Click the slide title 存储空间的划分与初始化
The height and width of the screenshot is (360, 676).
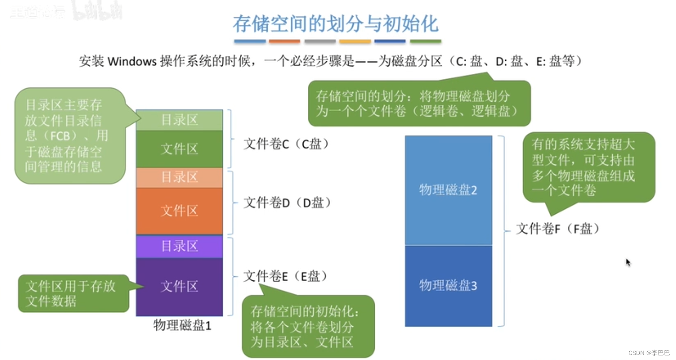point(335,24)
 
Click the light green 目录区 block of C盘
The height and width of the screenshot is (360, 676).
point(180,120)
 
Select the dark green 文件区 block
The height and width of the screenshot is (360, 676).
point(180,149)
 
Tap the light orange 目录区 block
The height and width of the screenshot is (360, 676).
point(180,177)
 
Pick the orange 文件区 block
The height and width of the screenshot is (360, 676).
point(180,211)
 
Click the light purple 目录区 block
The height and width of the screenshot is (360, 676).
point(180,246)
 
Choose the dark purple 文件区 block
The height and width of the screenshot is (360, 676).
point(180,286)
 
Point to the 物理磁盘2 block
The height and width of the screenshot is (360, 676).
point(448,190)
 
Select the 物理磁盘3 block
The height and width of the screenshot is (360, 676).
point(448,285)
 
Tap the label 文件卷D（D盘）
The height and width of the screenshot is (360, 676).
point(287,203)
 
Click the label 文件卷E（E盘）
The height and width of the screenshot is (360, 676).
point(285,276)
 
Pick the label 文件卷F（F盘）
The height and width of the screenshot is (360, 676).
point(558,229)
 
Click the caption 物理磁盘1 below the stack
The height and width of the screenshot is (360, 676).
point(182,325)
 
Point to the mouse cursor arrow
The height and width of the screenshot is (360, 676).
point(628,262)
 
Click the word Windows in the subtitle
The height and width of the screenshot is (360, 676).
point(132,62)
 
